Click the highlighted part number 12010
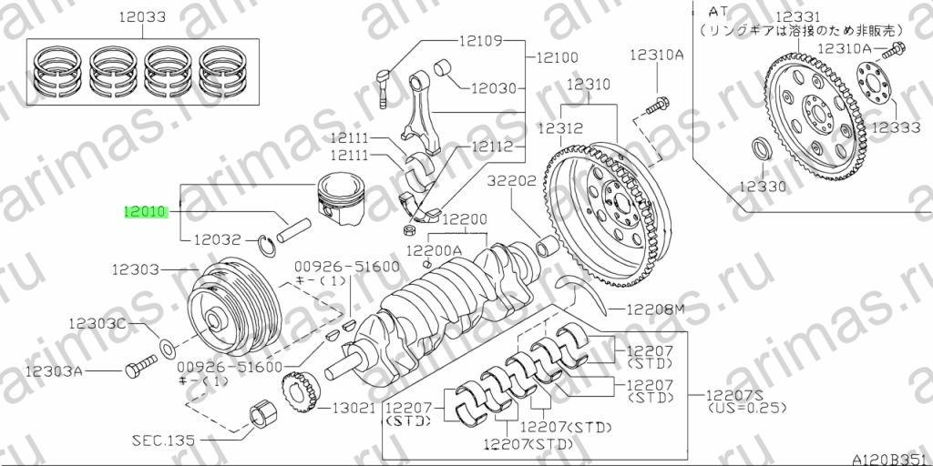(146, 211)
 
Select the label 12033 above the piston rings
(142, 17)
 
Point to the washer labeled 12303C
(168, 345)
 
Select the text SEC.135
(163, 441)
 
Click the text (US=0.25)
(747, 409)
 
